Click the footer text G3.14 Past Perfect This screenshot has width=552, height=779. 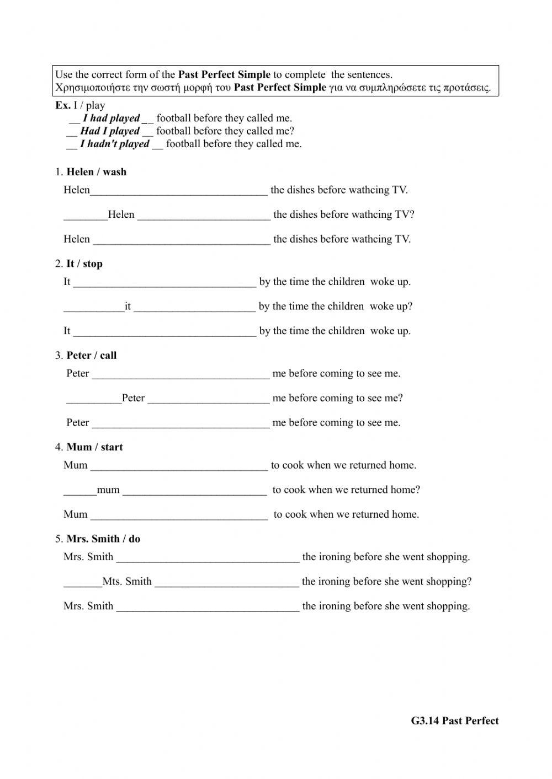tap(454, 721)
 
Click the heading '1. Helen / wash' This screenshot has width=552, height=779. tap(91, 172)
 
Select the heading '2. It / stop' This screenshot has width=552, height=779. tap(79, 264)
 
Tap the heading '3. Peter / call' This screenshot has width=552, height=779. tap(86, 356)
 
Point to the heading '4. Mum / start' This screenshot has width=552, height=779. tap(89, 447)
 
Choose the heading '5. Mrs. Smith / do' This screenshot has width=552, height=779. tap(98, 539)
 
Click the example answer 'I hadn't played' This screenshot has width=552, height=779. tap(115, 144)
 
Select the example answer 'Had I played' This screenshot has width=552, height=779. tap(110, 131)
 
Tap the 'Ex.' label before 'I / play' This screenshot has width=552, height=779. tap(62, 105)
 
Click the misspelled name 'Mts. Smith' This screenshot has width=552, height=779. tap(127, 581)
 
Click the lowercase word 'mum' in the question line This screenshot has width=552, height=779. tap(108, 490)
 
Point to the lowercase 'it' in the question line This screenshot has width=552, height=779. tap(128, 307)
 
